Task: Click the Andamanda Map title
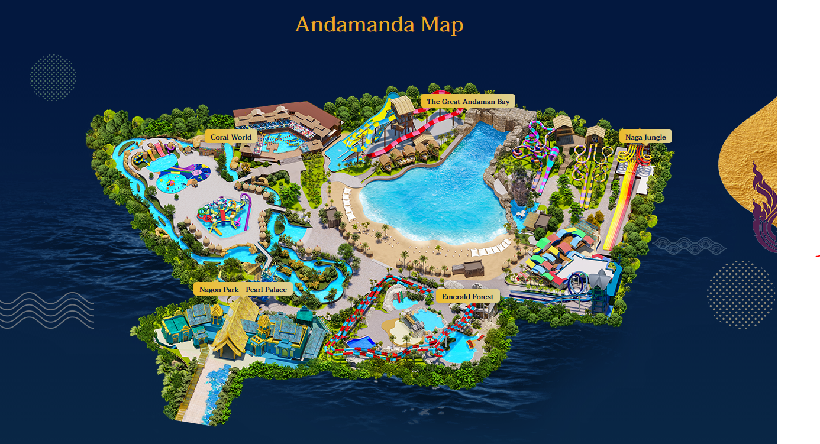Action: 379,25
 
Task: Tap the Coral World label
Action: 231,137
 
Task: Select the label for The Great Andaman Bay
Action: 467,102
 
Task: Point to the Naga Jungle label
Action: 645,137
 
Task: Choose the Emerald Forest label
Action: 467,296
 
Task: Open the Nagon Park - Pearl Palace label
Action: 243,289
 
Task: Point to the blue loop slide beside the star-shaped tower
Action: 577,284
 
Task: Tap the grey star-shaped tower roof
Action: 601,278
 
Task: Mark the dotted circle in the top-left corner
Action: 53,77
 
